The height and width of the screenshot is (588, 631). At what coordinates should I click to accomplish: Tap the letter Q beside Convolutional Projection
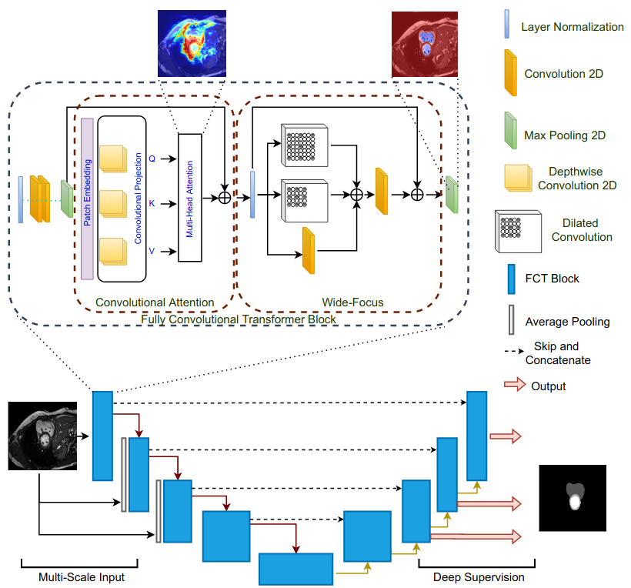pyautogui.click(x=152, y=159)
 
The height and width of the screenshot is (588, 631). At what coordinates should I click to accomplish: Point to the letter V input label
pyautogui.click(x=152, y=250)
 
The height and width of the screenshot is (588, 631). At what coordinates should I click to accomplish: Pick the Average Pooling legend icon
pyautogui.click(x=509, y=321)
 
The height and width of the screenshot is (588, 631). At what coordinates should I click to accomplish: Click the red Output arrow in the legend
pyautogui.click(x=512, y=385)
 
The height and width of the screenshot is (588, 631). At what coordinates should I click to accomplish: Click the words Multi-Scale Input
pyautogui.click(x=82, y=576)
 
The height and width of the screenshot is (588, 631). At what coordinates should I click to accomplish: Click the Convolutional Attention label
pyautogui.click(x=155, y=302)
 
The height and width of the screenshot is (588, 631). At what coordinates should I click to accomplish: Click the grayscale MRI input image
pyautogui.click(x=42, y=436)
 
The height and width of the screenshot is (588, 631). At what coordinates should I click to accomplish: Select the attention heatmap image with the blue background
pyautogui.click(x=192, y=43)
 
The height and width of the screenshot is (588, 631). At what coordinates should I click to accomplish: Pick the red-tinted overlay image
pyautogui.click(x=424, y=43)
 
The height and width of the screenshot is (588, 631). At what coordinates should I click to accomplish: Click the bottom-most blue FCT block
pyautogui.click(x=295, y=570)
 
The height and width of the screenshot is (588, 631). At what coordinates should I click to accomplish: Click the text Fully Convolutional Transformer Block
pyautogui.click(x=238, y=318)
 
